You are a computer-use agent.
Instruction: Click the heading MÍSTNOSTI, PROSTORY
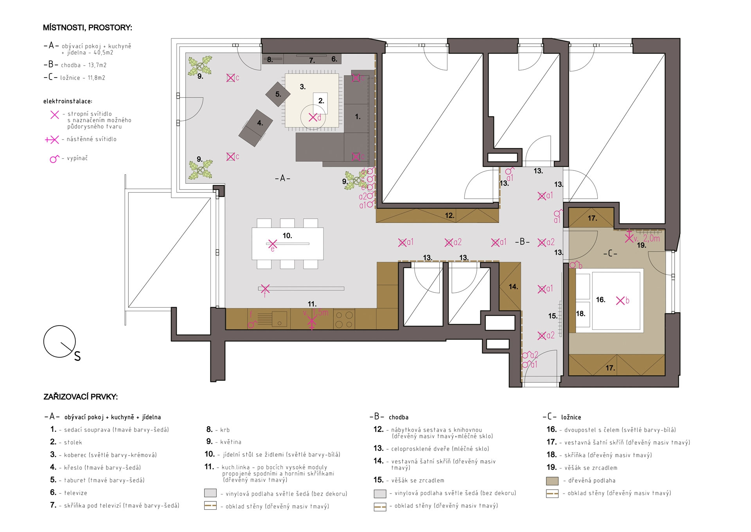(x=88, y=28)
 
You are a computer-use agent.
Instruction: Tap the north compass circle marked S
(x=59, y=341)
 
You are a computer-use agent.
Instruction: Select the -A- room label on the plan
(x=282, y=178)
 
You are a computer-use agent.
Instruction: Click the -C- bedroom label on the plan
(x=610, y=253)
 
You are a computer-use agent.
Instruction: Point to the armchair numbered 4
(x=256, y=128)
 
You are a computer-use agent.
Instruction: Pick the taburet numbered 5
(x=278, y=94)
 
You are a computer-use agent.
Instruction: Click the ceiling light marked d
(x=313, y=117)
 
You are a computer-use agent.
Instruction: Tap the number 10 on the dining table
(x=287, y=235)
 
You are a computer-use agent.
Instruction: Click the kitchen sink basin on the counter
(x=280, y=318)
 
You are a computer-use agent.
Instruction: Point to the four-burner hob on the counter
(x=345, y=319)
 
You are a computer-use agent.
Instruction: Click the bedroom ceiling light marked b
(x=620, y=300)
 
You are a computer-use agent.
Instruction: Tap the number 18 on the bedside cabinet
(x=580, y=313)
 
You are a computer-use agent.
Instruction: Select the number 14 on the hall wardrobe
(x=513, y=287)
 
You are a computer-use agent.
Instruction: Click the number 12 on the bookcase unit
(x=450, y=215)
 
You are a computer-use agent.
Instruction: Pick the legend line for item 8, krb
(x=218, y=430)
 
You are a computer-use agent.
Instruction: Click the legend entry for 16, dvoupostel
(x=611, y=430)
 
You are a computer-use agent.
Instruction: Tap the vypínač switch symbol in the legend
(x=54, y=159)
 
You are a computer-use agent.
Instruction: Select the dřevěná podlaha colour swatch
(x=552, y=481)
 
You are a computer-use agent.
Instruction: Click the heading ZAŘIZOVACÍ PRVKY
(x=81, y=397)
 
